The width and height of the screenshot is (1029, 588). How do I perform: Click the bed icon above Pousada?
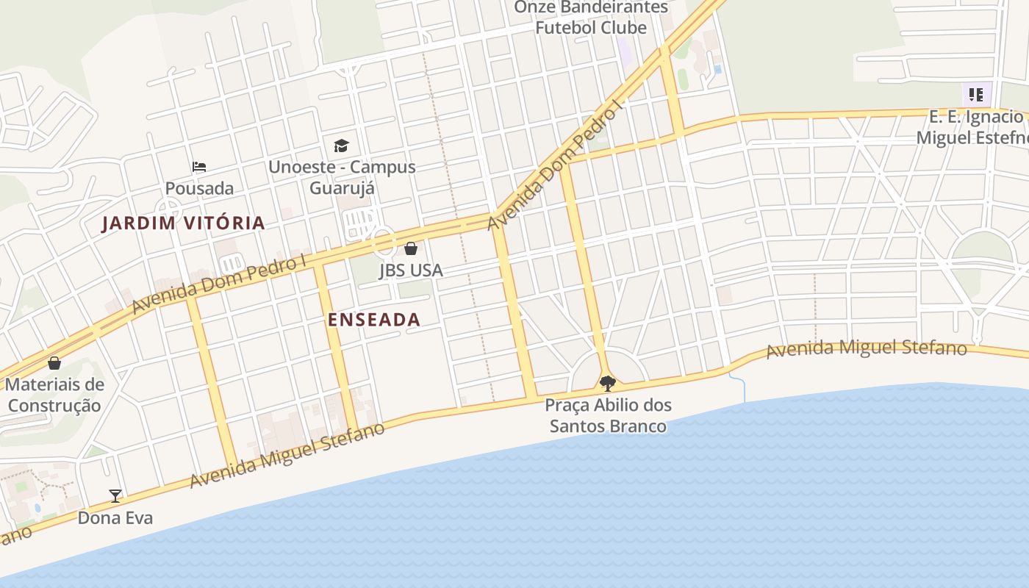tap(199, 167)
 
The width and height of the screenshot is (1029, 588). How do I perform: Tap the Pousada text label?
tap(199, 188)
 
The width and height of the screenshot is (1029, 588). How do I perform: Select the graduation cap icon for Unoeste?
tap(341, 146)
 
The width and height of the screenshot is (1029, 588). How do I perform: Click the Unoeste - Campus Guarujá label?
tap(342, 177)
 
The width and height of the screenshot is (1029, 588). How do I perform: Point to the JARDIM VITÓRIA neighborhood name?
tap(183, 223)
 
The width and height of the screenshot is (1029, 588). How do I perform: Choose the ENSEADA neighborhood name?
tap(374, 320)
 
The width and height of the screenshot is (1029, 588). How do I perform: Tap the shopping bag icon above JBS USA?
tap(411, 248)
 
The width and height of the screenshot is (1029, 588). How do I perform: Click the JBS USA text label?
tap(411, 270)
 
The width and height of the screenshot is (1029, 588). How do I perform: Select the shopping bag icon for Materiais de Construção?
tap(54, 362)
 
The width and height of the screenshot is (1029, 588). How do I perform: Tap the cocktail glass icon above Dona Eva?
tap(115, 496)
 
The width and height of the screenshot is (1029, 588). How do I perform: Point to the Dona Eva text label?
tap(115, 518)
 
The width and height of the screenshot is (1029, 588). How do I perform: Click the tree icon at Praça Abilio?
tap(608, 382)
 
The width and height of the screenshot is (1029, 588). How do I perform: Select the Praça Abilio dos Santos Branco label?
tap(608, 415)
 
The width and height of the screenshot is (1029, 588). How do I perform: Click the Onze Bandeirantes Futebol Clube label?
tap(591, 18)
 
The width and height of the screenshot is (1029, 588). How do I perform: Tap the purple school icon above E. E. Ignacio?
tap(976, 94)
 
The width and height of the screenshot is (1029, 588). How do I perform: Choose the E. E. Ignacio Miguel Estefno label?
tap(976, 127)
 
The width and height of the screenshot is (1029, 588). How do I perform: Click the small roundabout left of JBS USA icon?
tap(382, 241)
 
